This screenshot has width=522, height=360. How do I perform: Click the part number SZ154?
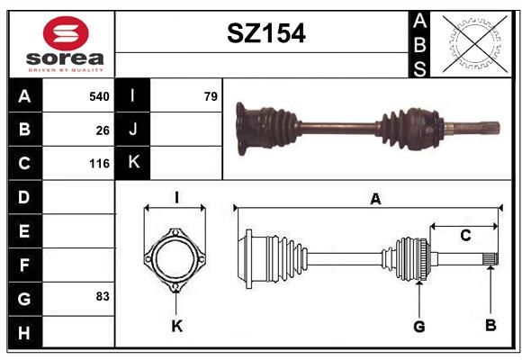(266, 33)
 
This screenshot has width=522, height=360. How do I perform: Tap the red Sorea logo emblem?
(66, 33)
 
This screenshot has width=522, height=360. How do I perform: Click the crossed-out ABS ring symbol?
(475, 43)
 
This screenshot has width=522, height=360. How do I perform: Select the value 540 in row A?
(99, 96)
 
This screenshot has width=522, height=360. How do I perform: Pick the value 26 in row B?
(103, 130)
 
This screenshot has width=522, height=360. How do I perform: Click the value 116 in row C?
(99, 164)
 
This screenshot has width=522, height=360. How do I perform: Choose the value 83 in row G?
(103, 296)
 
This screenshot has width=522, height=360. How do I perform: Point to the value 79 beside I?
(211, 96)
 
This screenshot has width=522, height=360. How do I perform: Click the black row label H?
(25, 332)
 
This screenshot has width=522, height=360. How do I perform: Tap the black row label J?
(132, 130)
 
